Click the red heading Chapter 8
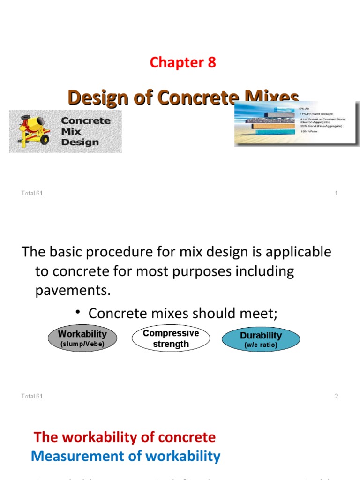[x=182, y=62]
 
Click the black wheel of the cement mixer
[x=45, y=139]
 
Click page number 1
[x=336, y=193]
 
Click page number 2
[x=336, y=396]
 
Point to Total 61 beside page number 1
[x=32, y=193]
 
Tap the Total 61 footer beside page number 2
[x=32, y=396]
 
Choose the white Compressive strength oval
[x=171, y=339]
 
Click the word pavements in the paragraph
[x=73, y=291]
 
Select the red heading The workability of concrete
[x=125, y=437]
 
